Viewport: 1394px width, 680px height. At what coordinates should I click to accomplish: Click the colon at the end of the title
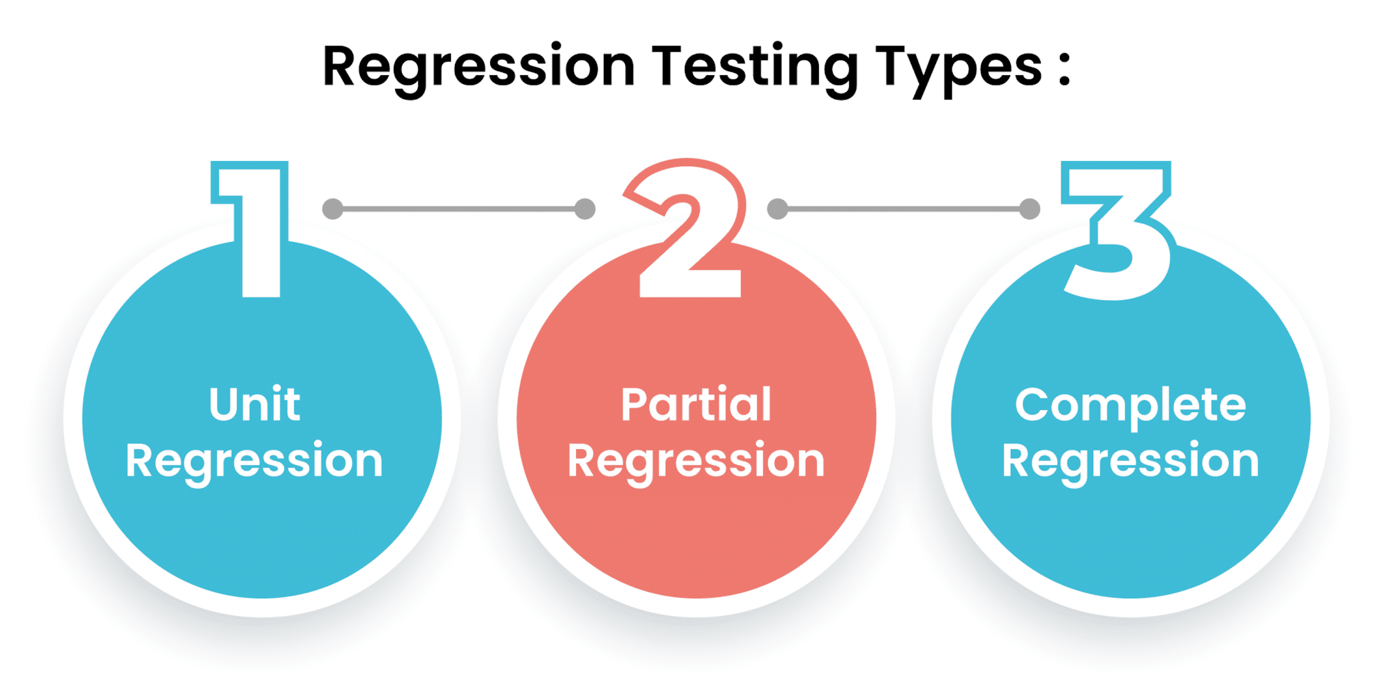tap(1064, 69)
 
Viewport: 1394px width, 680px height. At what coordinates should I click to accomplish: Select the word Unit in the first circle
tap(254, 404)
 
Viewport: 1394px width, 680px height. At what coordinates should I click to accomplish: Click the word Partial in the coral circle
tap(696, 404)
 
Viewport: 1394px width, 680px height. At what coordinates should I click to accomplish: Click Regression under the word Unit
tap(254, 461)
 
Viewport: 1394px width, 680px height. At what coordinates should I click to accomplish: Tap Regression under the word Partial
tap(696, 461)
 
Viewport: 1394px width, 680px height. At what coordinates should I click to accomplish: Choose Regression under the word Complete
tap(1131, 461)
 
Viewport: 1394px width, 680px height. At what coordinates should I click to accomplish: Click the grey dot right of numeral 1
tap(333, 209)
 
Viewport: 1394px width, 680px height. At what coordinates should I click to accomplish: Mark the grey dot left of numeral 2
tap(585, 209)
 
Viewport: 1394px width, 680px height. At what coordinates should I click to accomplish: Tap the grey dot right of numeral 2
tap(778, 209)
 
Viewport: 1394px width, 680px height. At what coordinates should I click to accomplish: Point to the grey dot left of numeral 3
tap(1029, 209)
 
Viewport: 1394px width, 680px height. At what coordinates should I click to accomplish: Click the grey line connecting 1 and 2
tap(459, 209)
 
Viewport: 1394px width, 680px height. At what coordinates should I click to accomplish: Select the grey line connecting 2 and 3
tap(904, 209)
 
